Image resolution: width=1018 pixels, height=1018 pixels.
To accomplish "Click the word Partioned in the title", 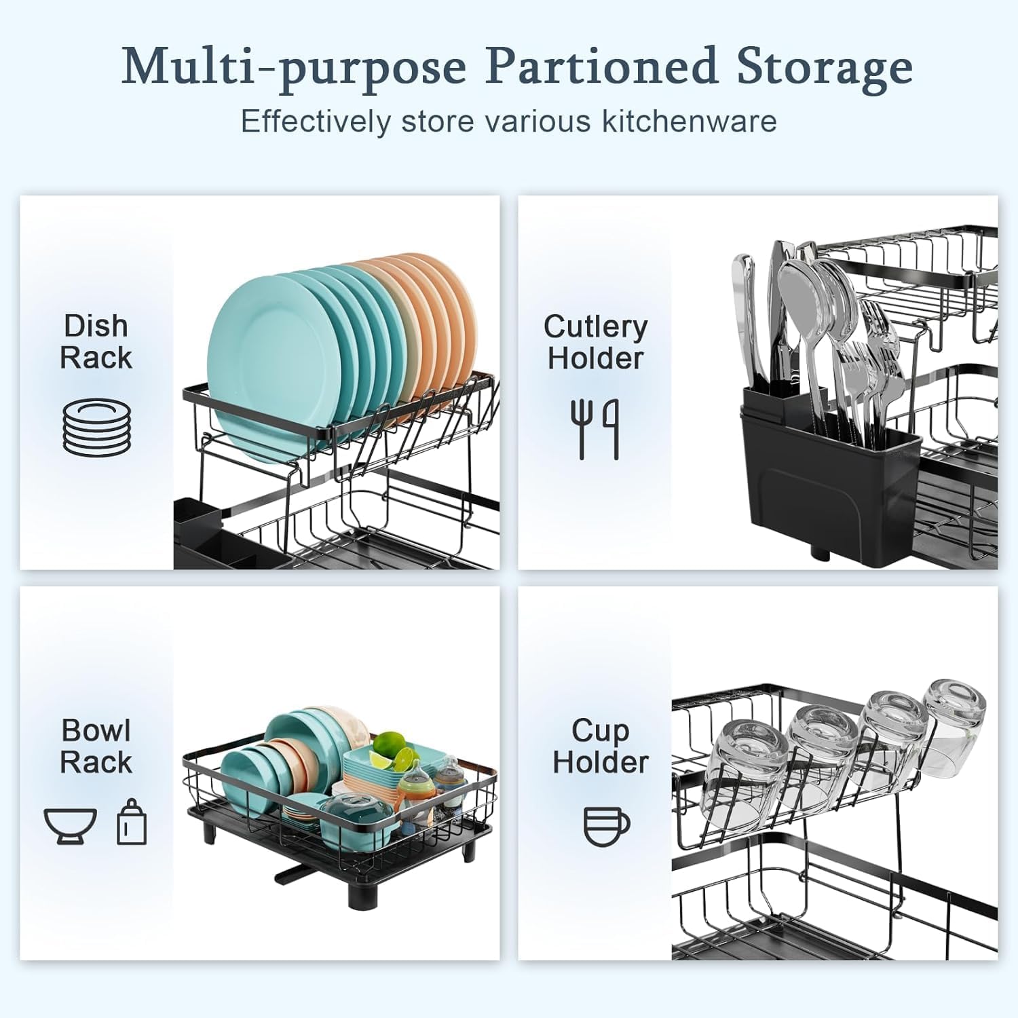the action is tap(601, 67).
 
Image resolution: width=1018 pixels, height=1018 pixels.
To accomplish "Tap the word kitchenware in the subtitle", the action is tap(688, 121).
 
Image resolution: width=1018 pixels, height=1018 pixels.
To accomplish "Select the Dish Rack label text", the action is tap(96, 341).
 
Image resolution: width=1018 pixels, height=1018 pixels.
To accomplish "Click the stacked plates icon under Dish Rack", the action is tap(96, 428).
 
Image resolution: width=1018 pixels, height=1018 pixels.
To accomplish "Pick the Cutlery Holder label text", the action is tap(595, 342).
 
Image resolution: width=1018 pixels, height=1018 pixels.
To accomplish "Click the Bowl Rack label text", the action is tap(96, 746).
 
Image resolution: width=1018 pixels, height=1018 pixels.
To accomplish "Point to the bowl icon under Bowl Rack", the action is tap(70, 825).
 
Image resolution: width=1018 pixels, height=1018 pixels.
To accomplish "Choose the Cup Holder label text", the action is tap(600, 746).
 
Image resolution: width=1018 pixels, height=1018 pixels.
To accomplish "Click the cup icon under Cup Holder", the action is tap(606, 825).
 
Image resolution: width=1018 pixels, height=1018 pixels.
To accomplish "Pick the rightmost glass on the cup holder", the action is tap(954, 719).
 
